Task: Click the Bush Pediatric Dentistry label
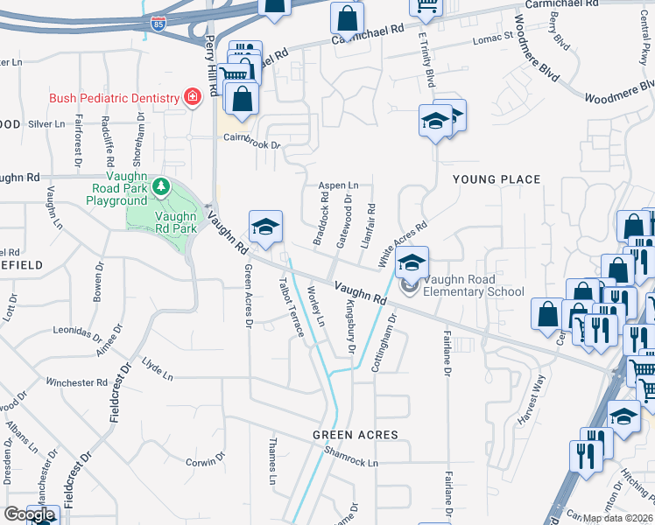tap(113, 98)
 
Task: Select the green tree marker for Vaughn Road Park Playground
tap(161, 186)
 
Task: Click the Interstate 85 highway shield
tap(158, 22)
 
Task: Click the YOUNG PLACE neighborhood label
tap(496, 179)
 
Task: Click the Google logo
tap(29, 514)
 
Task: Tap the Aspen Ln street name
tap(337, 185)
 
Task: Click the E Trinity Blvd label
tap(426, 59)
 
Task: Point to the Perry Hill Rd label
tap(211, 66)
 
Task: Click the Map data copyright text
tap(617, 518)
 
